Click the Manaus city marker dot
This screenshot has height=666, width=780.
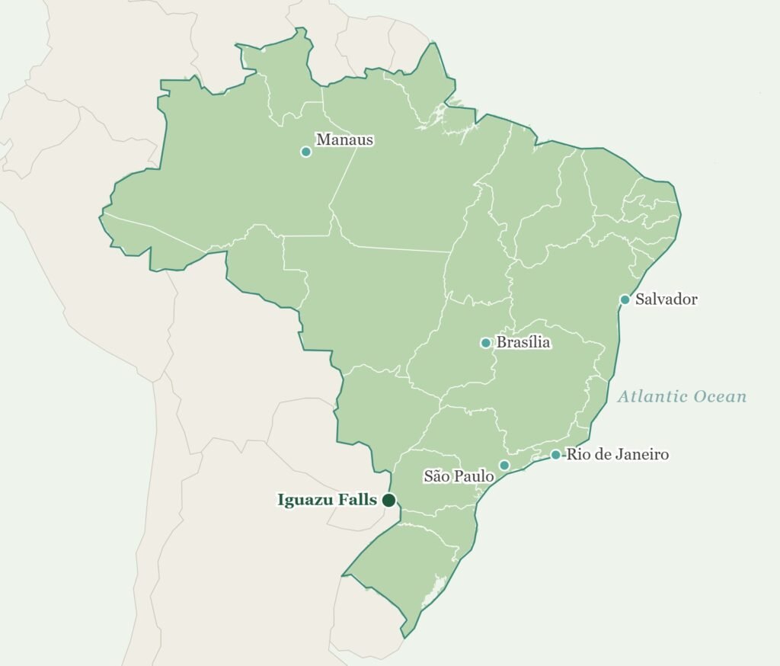306,152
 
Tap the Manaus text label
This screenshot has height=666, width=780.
344,140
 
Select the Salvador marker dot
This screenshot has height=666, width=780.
625,299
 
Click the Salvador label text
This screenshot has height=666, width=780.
667,299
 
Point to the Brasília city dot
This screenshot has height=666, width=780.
486,343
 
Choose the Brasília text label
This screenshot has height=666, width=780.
523,343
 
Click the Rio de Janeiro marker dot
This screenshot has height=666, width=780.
555,455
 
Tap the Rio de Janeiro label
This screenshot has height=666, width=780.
617,455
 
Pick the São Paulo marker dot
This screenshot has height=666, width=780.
504,465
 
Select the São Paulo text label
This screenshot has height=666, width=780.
459,477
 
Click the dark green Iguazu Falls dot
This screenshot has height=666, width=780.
388,500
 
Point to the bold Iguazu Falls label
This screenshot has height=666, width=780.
327,501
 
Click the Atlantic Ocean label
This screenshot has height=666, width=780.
682,397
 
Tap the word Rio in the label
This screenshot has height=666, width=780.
576,455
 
